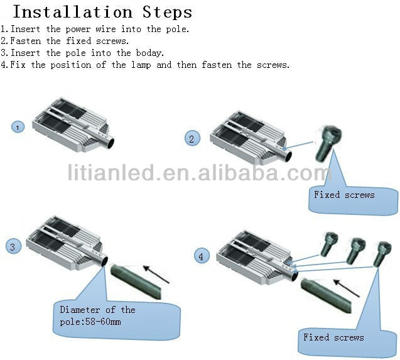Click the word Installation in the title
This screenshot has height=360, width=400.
(x=73, y=12)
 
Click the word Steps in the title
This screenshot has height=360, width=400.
(x=167, y=12)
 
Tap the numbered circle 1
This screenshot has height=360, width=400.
(x=18, y=127)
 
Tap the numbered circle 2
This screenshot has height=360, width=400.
(x=192, y=138)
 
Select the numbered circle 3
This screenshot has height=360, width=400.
(x=13, y=246)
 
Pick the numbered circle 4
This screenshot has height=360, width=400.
(x=202, y=256)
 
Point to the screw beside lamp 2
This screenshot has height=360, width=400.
(x=328, y=143)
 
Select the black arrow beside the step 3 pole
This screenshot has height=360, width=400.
(x=156, y=275)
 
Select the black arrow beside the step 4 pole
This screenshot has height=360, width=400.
(x=347, y=288)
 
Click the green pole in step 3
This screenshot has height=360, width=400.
(x=136, y=281)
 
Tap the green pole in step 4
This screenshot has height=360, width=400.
(x=326, y=295)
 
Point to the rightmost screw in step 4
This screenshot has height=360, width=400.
(x=382, y=254)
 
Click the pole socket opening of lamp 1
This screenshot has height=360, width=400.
(x=111, y=143)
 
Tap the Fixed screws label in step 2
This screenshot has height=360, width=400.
(x=344, y=195)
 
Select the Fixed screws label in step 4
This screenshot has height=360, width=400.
(x=333, y=337)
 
